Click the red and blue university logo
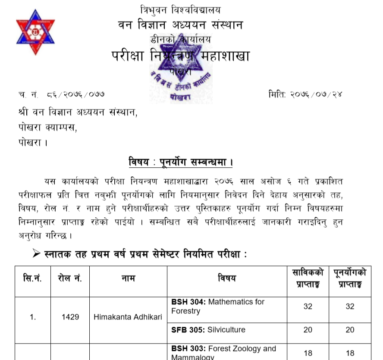(36, 34)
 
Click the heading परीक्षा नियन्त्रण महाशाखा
(181, 56)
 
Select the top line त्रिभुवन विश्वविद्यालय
(180, 9)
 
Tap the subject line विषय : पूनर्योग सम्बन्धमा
(181, 163)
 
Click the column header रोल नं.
(70, 279)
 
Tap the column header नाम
(128, 279)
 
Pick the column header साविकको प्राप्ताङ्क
(308, 279)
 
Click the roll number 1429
(70, 317)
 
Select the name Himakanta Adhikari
(128, 317)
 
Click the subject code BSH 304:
(188, 302)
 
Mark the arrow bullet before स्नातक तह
(37, 254)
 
